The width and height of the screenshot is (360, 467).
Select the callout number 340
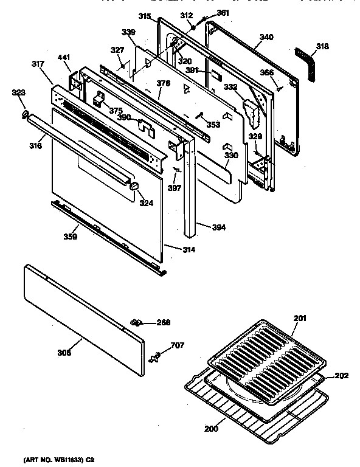[x=266, y=37]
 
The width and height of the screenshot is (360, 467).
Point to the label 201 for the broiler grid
[x=300, y=316]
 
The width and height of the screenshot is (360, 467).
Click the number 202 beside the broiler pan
[x=341, y=375]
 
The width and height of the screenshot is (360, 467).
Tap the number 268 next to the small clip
[x=163, y=322]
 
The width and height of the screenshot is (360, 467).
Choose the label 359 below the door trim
[x=70, y=237]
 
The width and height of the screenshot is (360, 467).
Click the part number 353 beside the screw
[x=213, y=125]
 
